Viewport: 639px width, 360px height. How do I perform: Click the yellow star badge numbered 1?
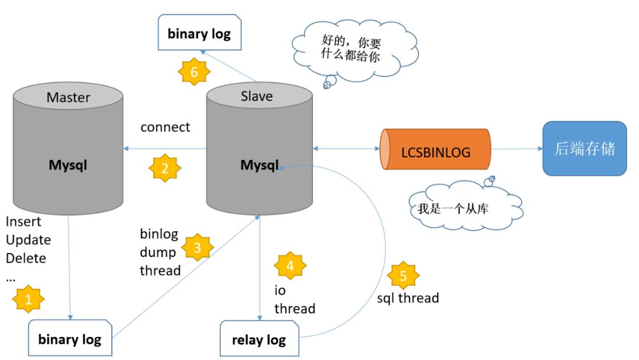(28, 300)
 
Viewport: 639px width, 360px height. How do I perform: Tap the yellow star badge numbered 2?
(165, 168)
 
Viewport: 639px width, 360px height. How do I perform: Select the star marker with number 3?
(197, 247)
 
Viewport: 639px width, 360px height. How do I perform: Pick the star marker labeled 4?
(290, 266)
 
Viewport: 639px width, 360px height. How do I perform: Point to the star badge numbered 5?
(404, 275)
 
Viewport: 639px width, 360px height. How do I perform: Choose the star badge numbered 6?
(195, 73)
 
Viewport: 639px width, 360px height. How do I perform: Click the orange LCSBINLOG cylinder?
(435, 152)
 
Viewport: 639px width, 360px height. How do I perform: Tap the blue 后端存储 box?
(584, 149)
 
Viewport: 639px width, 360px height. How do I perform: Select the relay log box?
(259, 340)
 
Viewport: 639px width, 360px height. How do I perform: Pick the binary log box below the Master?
(70, 339)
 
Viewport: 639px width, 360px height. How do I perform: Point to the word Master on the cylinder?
(68, 97)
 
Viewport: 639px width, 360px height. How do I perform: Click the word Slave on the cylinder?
(257, 96)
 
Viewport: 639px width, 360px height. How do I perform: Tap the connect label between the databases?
(165, 127)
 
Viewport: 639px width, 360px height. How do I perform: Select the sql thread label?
(408, 298)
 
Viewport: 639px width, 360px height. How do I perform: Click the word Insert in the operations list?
(24, 221)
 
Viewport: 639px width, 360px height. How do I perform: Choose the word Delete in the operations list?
(26, 258)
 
